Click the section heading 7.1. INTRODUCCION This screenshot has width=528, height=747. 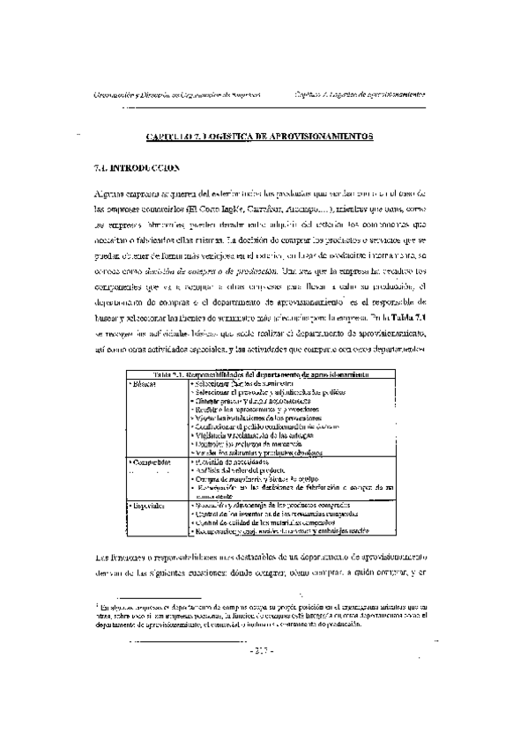coord(137,166)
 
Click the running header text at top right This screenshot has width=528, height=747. coord(359,94)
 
